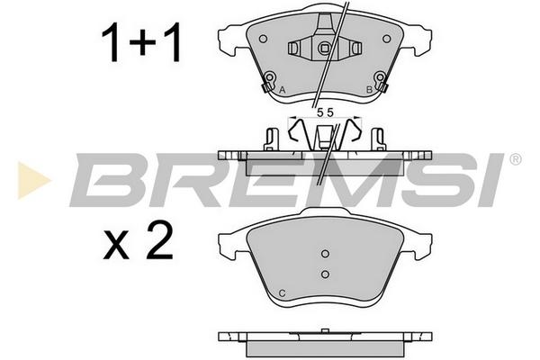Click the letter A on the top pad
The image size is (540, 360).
tap(283, 90)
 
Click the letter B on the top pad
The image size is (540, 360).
tap(369, 90)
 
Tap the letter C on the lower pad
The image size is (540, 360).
tap(282, 293)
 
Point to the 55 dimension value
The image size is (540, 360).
tap(325, 112)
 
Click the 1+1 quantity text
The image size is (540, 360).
tap(141, 42)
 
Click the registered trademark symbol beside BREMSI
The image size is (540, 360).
tap(515, 159)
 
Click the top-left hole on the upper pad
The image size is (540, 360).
tap(263, 39)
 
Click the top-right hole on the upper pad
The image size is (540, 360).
tap(387, 39)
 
